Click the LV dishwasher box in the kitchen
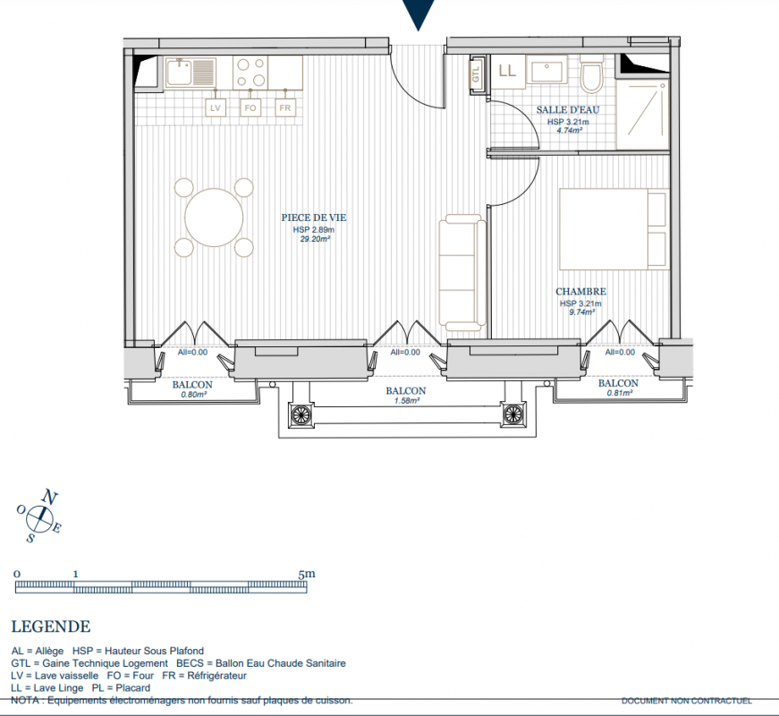(x=216, y=107)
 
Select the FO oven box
(x=250, y=107)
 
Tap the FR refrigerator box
(x=285, y=107)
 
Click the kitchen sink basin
(x=179, y=72)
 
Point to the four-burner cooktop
(x=250, y=72)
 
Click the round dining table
(x=214, y=217)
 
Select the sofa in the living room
(x=462, y=272)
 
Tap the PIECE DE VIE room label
(x=314, y=217)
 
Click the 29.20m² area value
(x=315, y=239)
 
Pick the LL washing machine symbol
(x=508, y=72)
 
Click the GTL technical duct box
(x=476, y=74)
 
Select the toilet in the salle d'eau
(x=592, y=75)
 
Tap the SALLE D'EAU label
(x=568, y=110)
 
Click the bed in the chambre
(x=614, y=229)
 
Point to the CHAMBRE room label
(x=580, y=292)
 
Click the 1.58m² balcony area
(x=406, y=401)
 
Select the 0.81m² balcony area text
(x=620, y=393)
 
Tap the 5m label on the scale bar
(x=307, y=574)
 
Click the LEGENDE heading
(x=51, y=626)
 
